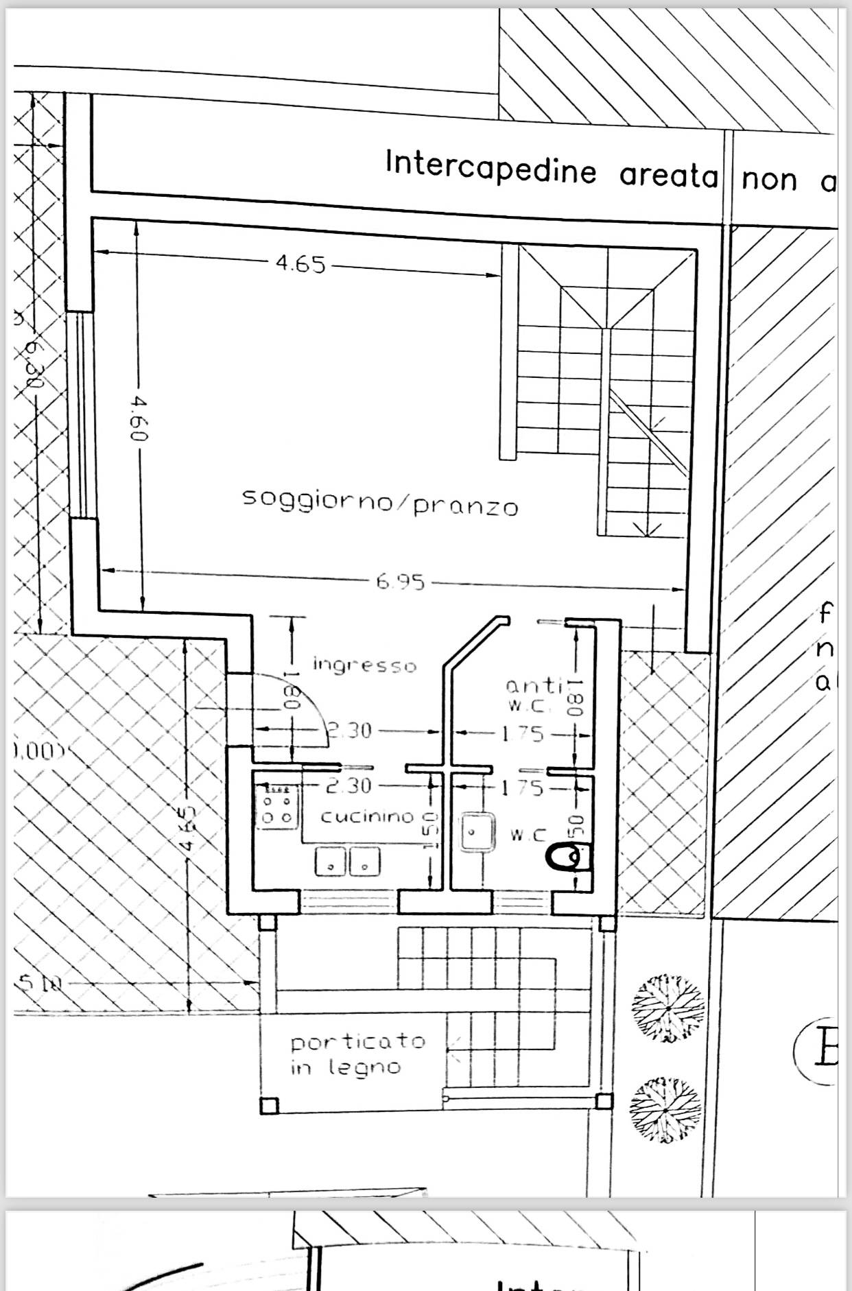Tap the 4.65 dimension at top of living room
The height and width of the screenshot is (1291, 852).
point(300,264)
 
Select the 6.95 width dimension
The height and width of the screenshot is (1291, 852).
point(401,582)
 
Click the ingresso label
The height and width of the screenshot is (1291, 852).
point(364,665)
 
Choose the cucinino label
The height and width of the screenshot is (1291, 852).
point(368,816)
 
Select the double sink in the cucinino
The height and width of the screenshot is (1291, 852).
point(348,861)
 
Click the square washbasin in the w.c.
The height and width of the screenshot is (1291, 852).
point(475,832)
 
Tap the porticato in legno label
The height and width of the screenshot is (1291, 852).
point(357,1054)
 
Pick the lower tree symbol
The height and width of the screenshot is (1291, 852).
point(665,1110)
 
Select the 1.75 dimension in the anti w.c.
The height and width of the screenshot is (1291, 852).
point(522,734)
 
